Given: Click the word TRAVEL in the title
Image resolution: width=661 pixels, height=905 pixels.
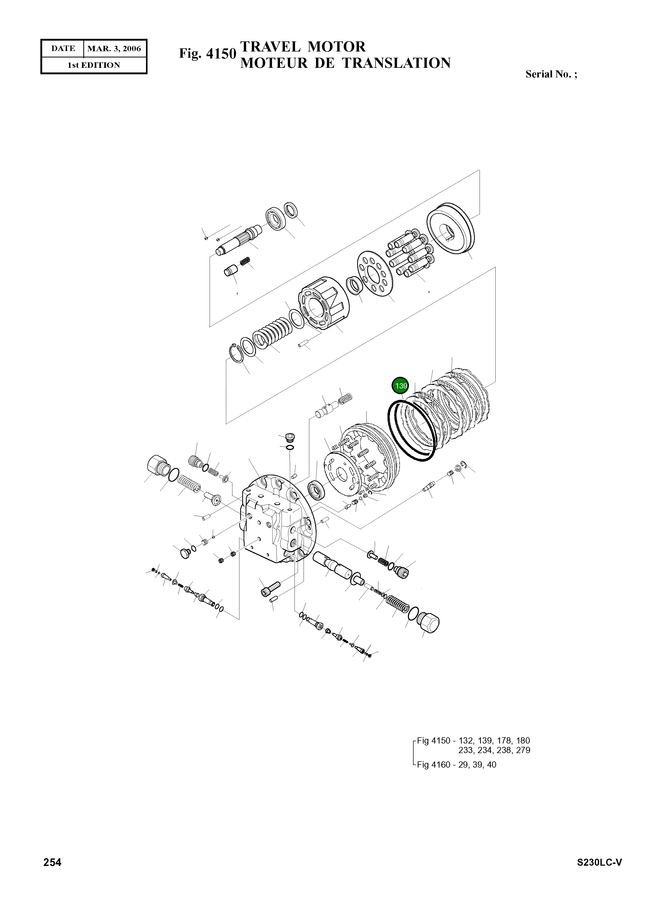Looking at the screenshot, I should coord(270,47).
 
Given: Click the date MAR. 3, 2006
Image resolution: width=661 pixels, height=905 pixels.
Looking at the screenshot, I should coord(114,48).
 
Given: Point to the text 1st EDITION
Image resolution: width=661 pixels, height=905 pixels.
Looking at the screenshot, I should coord(94,65).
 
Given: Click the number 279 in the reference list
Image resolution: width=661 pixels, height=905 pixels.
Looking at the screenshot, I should coord(523,751).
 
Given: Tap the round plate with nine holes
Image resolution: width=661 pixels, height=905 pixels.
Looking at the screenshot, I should coord(375,273).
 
